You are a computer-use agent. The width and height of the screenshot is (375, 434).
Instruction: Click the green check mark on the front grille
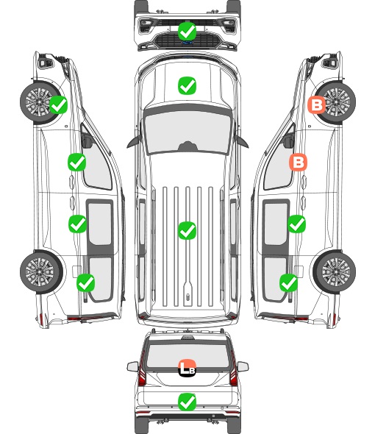pos(187,31)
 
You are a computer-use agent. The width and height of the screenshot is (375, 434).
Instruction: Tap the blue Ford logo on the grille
pos(187,43)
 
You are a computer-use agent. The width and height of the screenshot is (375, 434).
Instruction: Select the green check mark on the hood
pos(187,85)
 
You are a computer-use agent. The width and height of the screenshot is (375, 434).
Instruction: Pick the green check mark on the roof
pos(187,230)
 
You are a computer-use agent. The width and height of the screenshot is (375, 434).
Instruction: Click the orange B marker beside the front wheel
pos(317,105)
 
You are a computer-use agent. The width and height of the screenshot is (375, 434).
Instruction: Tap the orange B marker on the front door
pos(299,162)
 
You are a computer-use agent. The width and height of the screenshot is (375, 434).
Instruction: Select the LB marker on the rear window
pos(187,368)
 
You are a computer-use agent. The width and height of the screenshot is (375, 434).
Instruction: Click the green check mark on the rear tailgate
pos(187,402)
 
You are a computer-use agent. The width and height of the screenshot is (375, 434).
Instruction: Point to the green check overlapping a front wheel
pos(58,104)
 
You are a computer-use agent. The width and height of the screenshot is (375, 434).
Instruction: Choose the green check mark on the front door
pos(77,162)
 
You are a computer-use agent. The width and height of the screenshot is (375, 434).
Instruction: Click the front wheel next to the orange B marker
pos(335,102)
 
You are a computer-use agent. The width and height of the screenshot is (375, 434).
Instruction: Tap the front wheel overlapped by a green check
pos(40,102)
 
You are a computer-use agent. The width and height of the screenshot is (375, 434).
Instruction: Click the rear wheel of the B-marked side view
pos(335,272)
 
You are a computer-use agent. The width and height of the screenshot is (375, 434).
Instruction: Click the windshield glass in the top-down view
pos(187,132)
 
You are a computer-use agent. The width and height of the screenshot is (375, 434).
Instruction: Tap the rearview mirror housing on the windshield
pos(188,146)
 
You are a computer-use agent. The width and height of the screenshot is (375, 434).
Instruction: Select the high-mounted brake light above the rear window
pos(187,338)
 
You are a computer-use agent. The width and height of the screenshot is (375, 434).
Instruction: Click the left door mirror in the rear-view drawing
pos(132,367)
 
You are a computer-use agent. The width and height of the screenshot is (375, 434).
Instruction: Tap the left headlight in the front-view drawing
pos(146,26)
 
